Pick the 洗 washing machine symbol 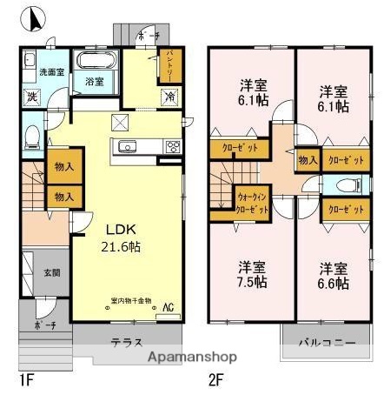pyautogui.click(x=30, y=95)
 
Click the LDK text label pyautogui.click(x=121, y=229)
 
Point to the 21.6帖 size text pyautogui.click(x=122, y=247)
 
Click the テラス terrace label pyautogui.click(x=126, y=342)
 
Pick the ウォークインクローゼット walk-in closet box pyautogui.click(x=254, y=204)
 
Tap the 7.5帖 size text pyautogui.click(x=255, y=284)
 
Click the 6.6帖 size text pyautogui.click(x=333, y=284)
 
